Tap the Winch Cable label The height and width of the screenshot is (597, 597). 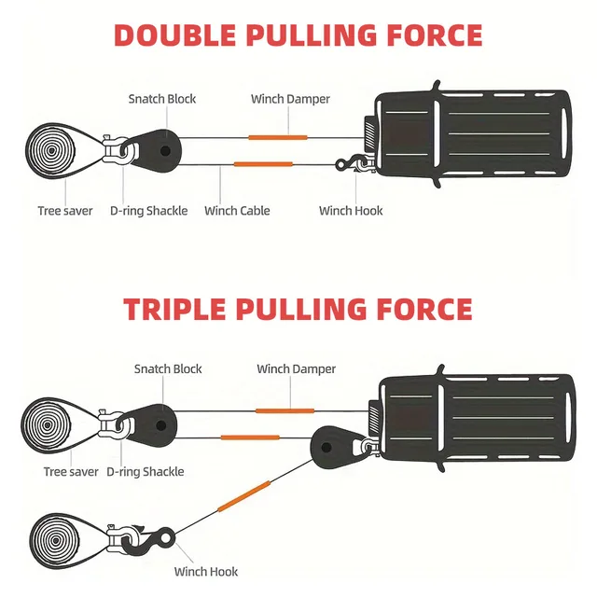tap(237, 211)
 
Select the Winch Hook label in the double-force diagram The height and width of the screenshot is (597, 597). tap(351, 211)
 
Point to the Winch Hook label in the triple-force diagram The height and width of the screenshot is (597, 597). tap(206, 572)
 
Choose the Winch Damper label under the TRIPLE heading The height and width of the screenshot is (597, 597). tap(296, 369)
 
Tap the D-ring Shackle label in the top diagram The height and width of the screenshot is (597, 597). tap(147, 211)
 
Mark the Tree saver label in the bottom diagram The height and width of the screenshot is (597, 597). tap(71, 472)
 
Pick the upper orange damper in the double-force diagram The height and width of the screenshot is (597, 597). tap(277, 137)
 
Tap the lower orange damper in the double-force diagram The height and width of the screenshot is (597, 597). tap(262, 164)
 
